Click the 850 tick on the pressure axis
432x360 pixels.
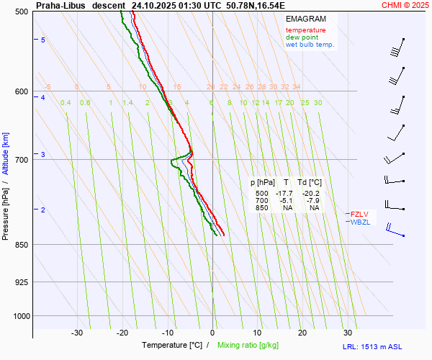pyautogui.click(x=21, y=245)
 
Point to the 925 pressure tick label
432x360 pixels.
pyautogui.click(x=21, y=282)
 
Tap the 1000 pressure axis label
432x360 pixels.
pyautogui.click(x=19, y=316)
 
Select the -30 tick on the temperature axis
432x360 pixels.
pyautogui.click(x=77, y=333)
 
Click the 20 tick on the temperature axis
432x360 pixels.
pyautogui.click(x=302, y=333)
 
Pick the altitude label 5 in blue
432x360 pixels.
pyautogui.click(x=43, y=40)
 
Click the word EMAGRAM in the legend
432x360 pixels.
pyautogui.click(x=305, y=19)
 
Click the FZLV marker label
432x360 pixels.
pyautogui.click(x=360, y=214)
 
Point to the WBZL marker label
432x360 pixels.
pyautogui.click(x=360, y=222)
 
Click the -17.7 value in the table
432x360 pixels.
pyautogui.click(x=286, y=194)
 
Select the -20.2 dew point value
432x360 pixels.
pyautogui.click(x=310, y=194)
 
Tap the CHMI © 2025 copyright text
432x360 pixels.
pyautogui.click(x=405, y=5)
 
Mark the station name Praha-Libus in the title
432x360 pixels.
pyautogui.click(x=60, y=5)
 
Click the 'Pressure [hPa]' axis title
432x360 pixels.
pyautogui.click(x=6, y=209)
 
